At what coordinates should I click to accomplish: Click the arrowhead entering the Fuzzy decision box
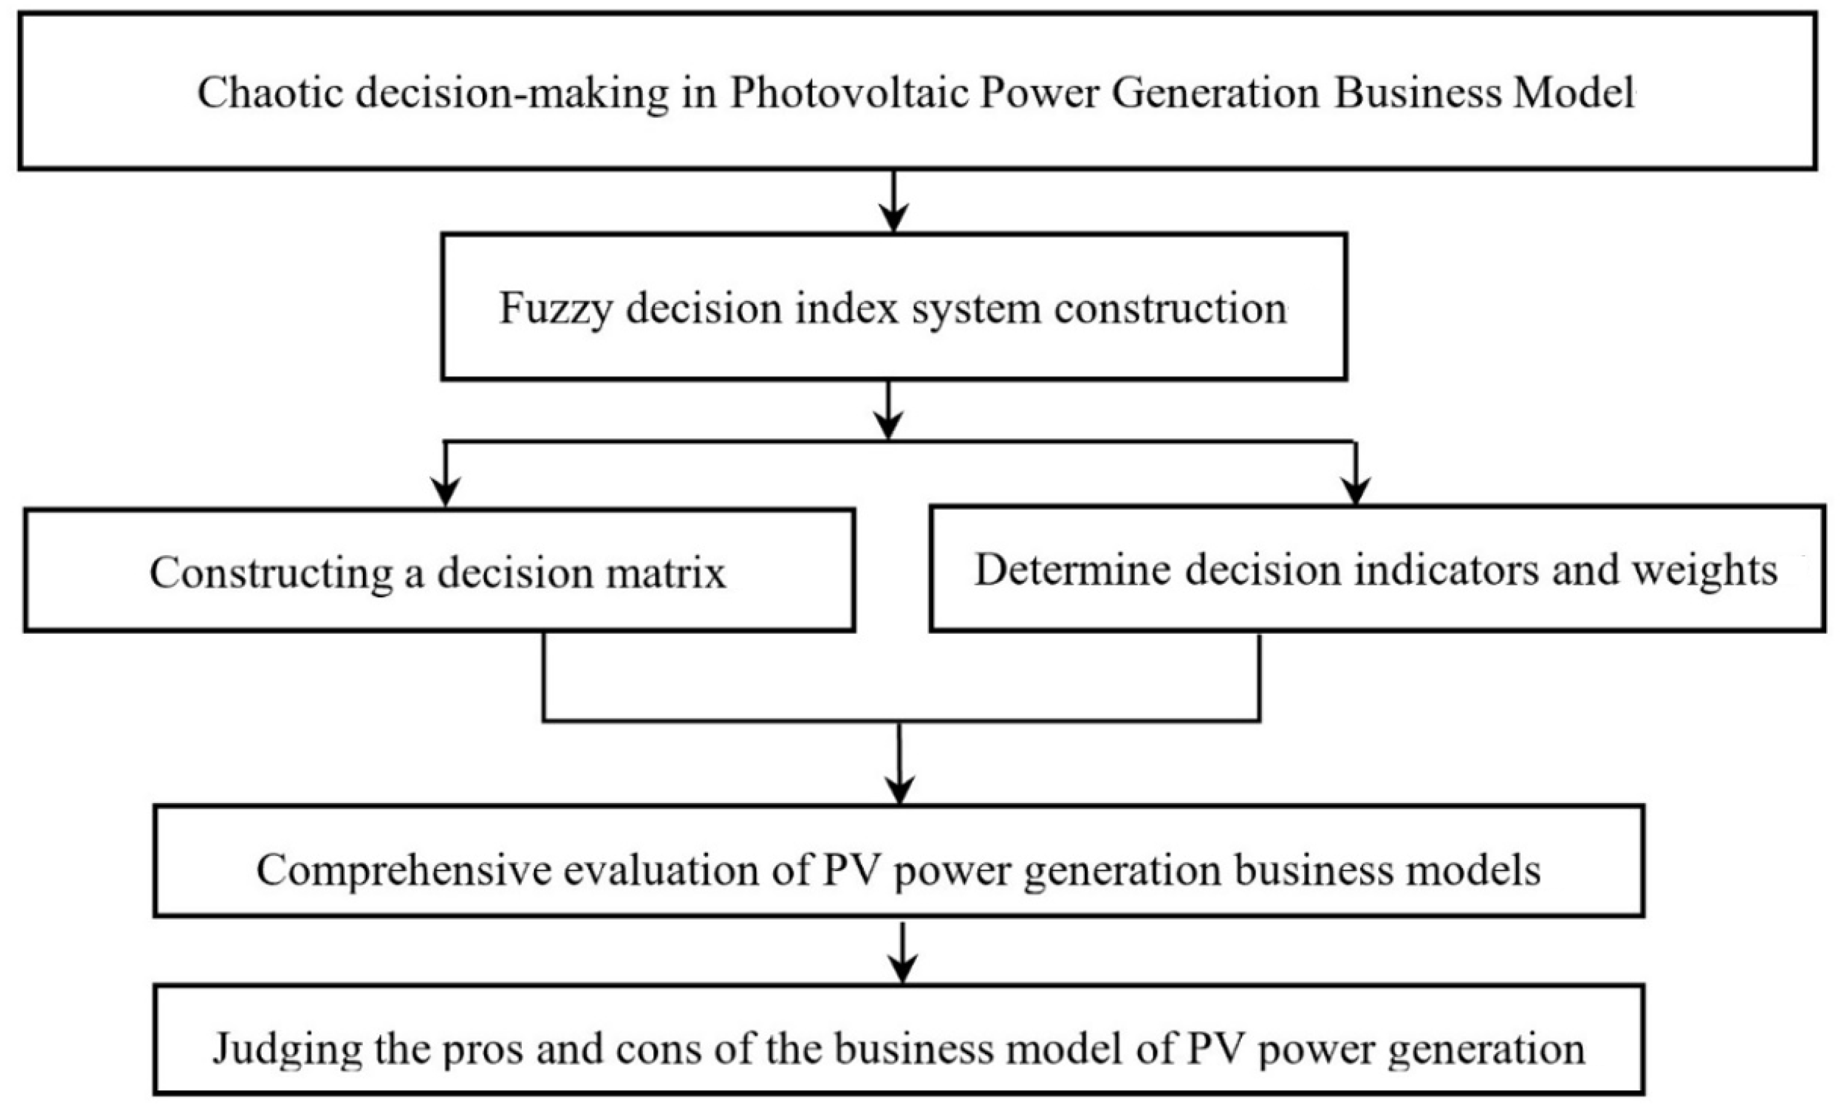[893, 219]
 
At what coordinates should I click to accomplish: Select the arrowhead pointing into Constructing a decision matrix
[446, 494]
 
